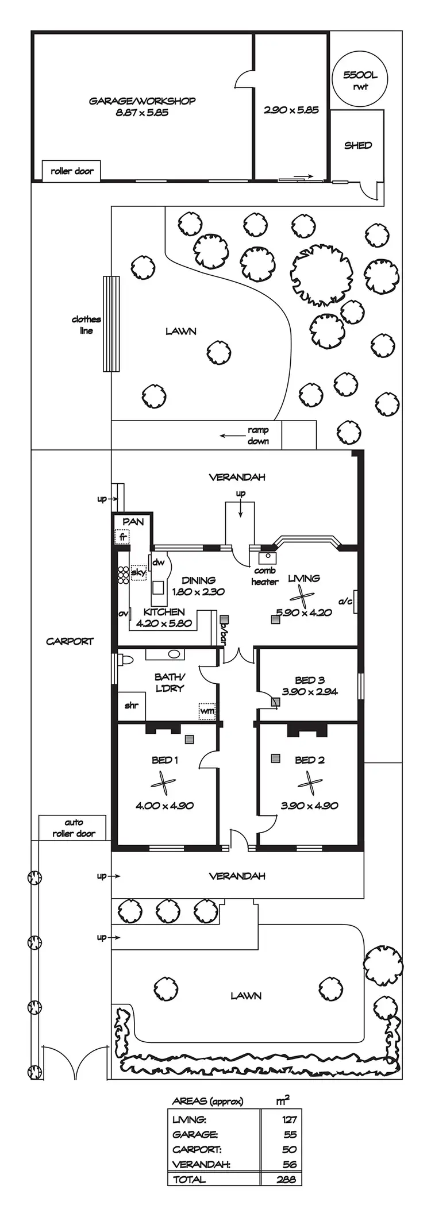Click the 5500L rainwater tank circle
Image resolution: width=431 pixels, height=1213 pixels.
tap(360, 80)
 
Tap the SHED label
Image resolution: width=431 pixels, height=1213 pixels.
tap(358, 145)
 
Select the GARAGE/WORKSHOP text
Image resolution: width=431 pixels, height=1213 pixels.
tap(142, 101)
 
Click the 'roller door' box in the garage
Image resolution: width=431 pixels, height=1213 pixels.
tap(72, 171)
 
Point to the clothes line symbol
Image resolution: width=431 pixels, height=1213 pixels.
tap(111, 324)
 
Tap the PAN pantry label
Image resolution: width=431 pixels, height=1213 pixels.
tap(133, 522)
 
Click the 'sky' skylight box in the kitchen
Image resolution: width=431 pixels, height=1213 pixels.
tap(138, 573)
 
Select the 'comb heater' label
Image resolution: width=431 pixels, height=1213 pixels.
tap(264, 576)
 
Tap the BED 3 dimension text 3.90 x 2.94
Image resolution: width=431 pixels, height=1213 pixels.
tap(310, 692)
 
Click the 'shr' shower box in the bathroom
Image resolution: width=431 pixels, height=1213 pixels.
tap(132, 705)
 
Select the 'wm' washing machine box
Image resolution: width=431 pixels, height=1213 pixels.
tap(207, 711)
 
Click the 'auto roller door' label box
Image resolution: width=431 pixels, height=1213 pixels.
tap(73, 828)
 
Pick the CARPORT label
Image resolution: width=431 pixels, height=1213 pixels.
tap(70, 641)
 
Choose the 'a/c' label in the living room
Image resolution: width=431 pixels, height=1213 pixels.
tap(345, 601)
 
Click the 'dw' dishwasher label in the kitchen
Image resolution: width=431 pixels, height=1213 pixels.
tap(158, 562)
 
